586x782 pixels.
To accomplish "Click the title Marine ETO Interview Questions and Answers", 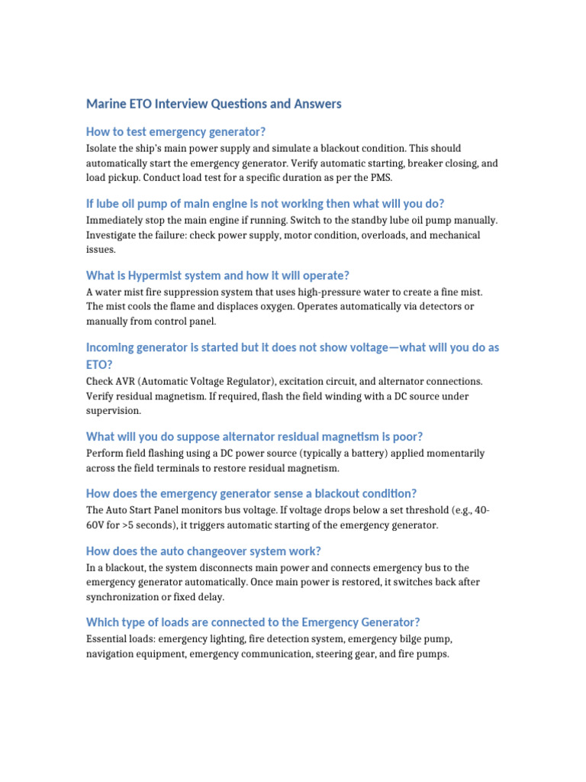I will click(x=214, y=104).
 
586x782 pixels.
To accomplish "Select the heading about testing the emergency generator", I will click(x=176, y=131).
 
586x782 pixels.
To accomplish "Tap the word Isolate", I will click(x=102, y=148).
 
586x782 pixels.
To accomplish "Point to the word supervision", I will click(x=113, y=410).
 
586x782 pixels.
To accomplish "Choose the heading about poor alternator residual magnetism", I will click(x=254, y=436).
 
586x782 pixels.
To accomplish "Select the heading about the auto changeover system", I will click(x=204, y=551).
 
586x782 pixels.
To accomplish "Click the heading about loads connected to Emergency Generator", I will click(x=253, y=622).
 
